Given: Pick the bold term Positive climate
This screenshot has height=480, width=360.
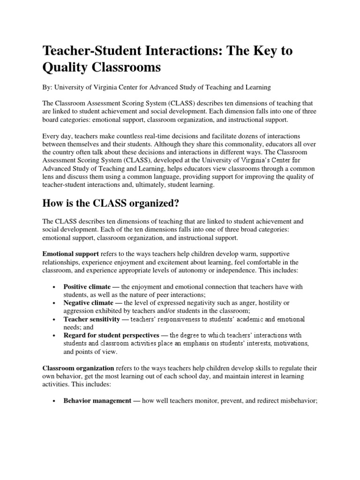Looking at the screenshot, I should coord(87,286).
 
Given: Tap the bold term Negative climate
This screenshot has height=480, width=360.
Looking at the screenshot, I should coord(88,303).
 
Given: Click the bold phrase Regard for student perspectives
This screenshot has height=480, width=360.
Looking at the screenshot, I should coord(111,336).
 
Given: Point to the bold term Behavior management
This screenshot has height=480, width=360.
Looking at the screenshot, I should coord(97,401).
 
